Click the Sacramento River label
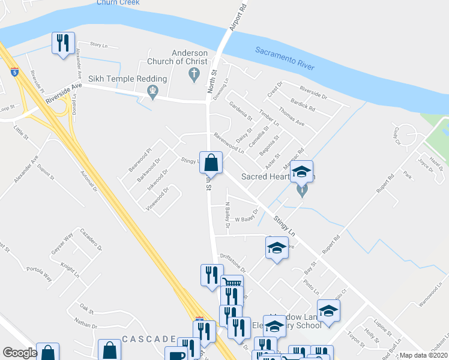pyautogui.click(x=285, y=59)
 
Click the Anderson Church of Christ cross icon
pyautogui.click(x=193, y=74)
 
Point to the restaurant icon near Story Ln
pyautogui.click(x=63, y=43)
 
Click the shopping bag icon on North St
pyautogui.click(x=211, y=163)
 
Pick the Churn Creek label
pyautogui.click(x=118, y=2)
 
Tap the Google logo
pyautogui.click(x=19, y=353)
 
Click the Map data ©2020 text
pyautogui.click(x=424, y=355)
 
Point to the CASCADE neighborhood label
pyautogui.click(x=148, y=339)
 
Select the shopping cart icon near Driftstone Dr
pyautogui.click(x=232, y=283)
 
